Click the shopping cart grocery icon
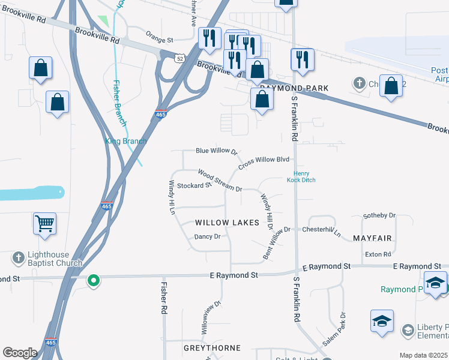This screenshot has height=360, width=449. click(45, 224)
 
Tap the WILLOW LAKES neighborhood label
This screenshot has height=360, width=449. click(227, 223)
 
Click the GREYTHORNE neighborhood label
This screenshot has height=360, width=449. click(212, 348)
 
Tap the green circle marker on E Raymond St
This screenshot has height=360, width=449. click(92, 280)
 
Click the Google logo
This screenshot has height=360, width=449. click(20, 353)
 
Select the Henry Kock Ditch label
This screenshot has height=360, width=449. click(300, 176)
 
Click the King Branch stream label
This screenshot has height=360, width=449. click(126, 141)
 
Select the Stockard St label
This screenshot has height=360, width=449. click(194, 185)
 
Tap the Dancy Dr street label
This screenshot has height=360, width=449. click(208, 236)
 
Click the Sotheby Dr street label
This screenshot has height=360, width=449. click(380, 215)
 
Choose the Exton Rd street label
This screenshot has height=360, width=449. click(378, 254)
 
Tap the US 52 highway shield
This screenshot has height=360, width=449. click(180, 58)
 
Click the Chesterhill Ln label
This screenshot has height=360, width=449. click(321, 230)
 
